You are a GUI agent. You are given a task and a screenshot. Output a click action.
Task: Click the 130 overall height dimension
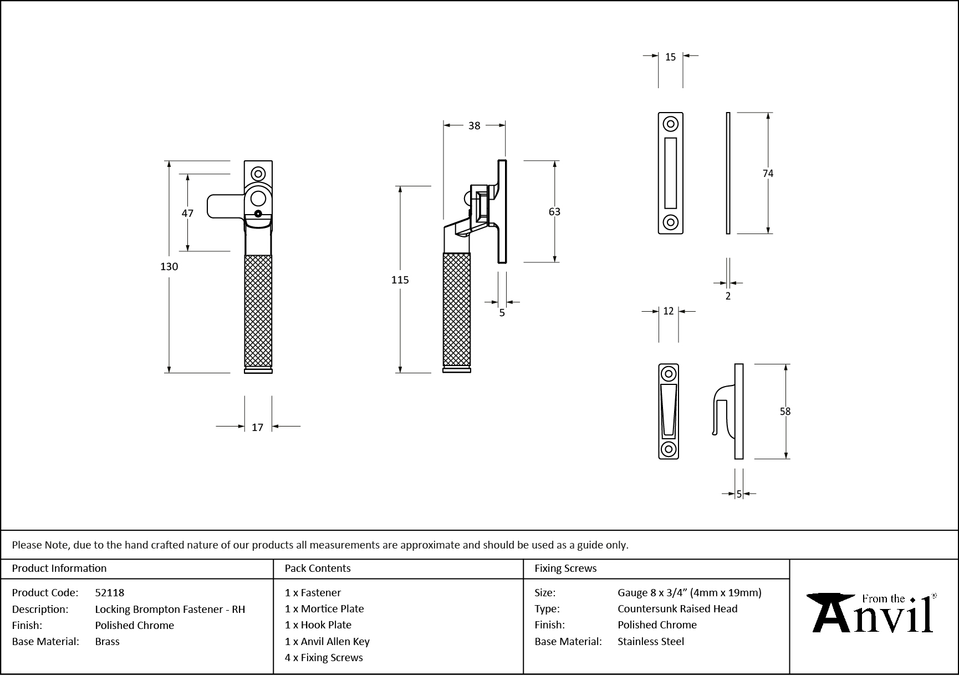pyautogui.click(x=169, y=267)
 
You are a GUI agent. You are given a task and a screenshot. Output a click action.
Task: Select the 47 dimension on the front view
pyautogui.click(x=187, y=213)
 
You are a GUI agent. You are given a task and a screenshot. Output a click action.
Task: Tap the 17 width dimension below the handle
pyautogui.click(x=257, y=427)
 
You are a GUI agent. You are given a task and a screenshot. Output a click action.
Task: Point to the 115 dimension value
pyautogui.click(x=400, y=280)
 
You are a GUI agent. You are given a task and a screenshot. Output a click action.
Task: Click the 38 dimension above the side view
pyautogui.click(x=474, y=126)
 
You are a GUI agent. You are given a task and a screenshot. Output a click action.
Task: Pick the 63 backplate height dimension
pyautogui.click(x=554, y=212)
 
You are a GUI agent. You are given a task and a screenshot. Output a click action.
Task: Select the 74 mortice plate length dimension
pyautogui.click(x=768, y=174)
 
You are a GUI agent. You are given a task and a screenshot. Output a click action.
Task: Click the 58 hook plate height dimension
pyautogui.click(x=785, y=412)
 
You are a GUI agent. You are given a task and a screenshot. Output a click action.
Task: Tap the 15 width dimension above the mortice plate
pyautogui.click(x=670, y=57)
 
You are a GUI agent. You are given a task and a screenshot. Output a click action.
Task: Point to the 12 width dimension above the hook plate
pyautogui.click(x=668, y=312)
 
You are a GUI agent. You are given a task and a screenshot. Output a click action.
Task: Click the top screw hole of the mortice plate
pyautogui.click(x=671, y=124)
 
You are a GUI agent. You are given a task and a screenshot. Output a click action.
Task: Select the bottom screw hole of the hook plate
pyautogui.click(x=669, y=449)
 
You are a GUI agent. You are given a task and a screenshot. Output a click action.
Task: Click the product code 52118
pyautogui.click(x=110, y=592)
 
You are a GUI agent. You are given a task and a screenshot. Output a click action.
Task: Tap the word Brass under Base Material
pyautogui.click(x=107, y=641)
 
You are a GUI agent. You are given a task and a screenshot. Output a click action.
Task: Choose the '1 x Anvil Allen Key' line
pyautogui.click(x=327, y=641)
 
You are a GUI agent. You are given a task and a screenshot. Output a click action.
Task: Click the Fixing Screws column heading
pyautogui.click(x=565, y=568)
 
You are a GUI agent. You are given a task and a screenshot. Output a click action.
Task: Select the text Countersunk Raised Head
pyautogui.click(x=677, y=608)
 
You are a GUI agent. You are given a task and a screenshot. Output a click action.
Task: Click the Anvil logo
pyautogui.click(x=872, y=613)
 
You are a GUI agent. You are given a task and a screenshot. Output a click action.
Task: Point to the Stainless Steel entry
pyautogui.click(x=651, y=641)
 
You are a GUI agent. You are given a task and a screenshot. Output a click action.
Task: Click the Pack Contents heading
pyautogui.click(x=318, y=568)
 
